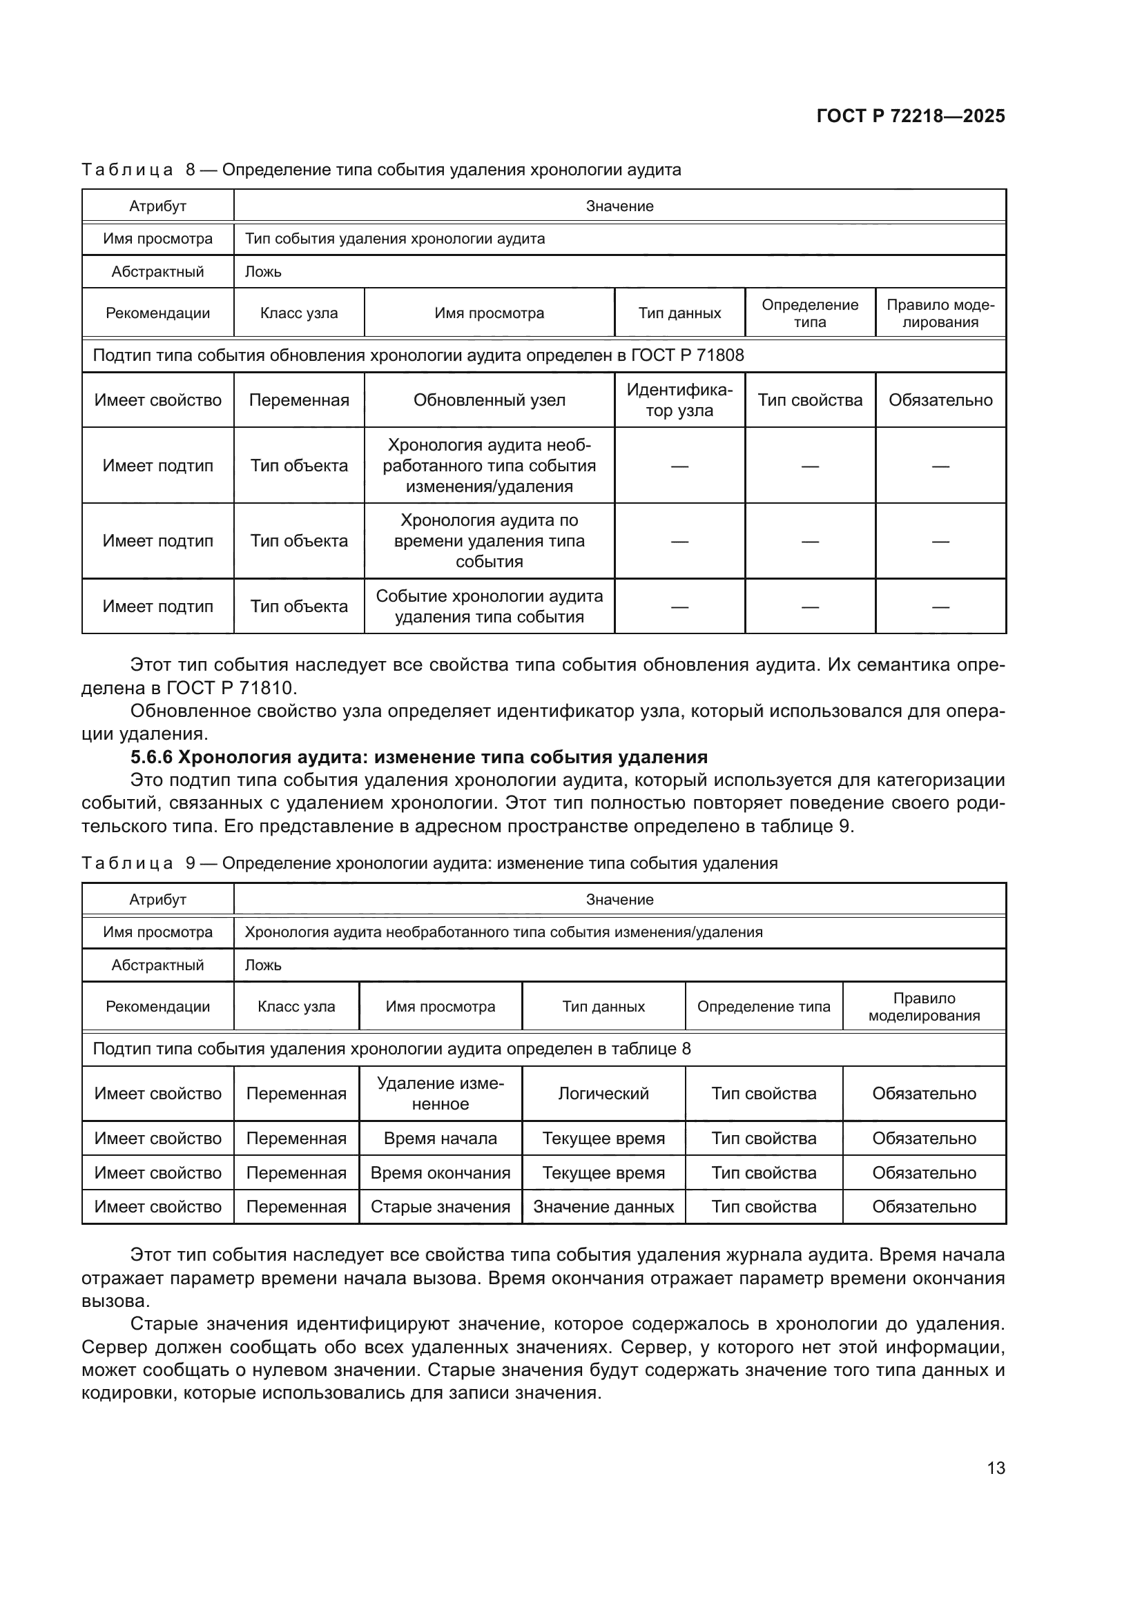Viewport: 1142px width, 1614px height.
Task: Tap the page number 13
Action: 996,1468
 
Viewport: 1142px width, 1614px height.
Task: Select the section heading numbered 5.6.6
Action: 419,757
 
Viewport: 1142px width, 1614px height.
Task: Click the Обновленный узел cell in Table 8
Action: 489,400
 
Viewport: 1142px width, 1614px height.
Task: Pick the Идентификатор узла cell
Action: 679,400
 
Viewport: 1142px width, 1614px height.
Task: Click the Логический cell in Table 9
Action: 603,1093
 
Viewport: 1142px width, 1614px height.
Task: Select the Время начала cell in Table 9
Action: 441,1138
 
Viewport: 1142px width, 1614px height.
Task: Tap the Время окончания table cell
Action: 441,1172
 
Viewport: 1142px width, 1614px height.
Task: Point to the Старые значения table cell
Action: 441,1206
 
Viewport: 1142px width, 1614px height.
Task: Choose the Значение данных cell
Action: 603,1206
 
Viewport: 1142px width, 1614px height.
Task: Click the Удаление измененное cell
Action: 441,1093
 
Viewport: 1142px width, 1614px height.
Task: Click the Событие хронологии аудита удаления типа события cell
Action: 489,606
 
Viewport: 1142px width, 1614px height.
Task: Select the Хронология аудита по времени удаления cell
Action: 489,540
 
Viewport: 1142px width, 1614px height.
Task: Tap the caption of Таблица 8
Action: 381,170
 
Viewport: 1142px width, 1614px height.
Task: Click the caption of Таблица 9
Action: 429,863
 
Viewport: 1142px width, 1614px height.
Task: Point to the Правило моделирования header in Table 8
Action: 940,313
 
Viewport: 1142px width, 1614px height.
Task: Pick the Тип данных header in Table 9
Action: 603,1007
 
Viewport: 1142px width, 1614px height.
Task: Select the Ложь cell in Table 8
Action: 263,272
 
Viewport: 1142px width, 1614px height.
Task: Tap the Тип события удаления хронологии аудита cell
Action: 394,239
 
